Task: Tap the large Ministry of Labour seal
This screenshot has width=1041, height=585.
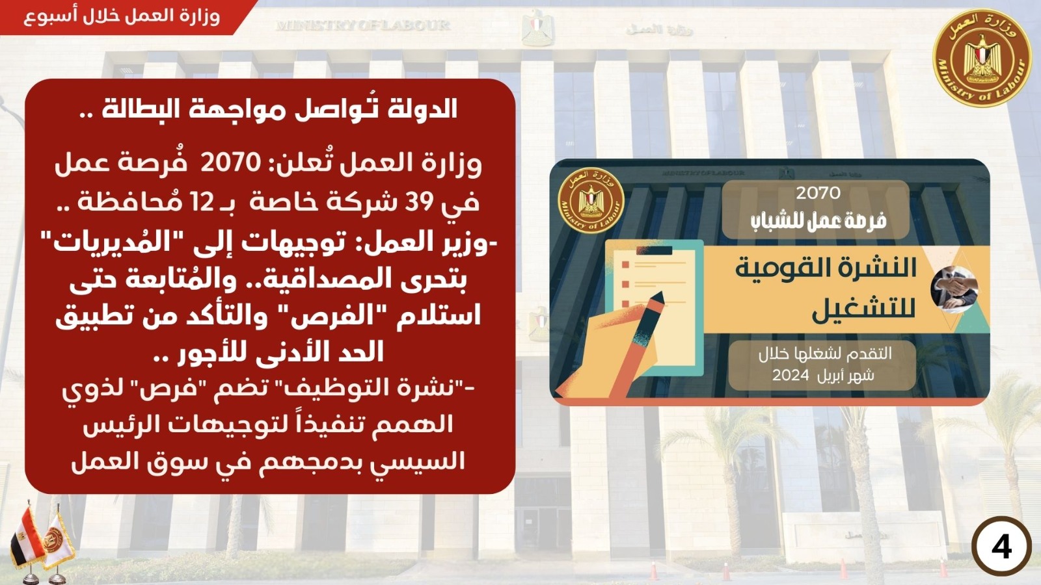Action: pyautogui.click(x=982, y=58)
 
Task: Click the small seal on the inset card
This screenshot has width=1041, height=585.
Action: pyautogui.click(x=591, y=200)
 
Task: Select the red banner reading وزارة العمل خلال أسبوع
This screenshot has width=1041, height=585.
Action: pyautogui.click(x=123, y=17)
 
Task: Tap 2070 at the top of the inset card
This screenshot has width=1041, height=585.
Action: pyautogui.click(x=818, y=192)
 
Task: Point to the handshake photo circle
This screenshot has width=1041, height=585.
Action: pyautogui.click(x=954, y=289)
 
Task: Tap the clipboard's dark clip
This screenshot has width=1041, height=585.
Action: pyautogui.click(x=654, y=251)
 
